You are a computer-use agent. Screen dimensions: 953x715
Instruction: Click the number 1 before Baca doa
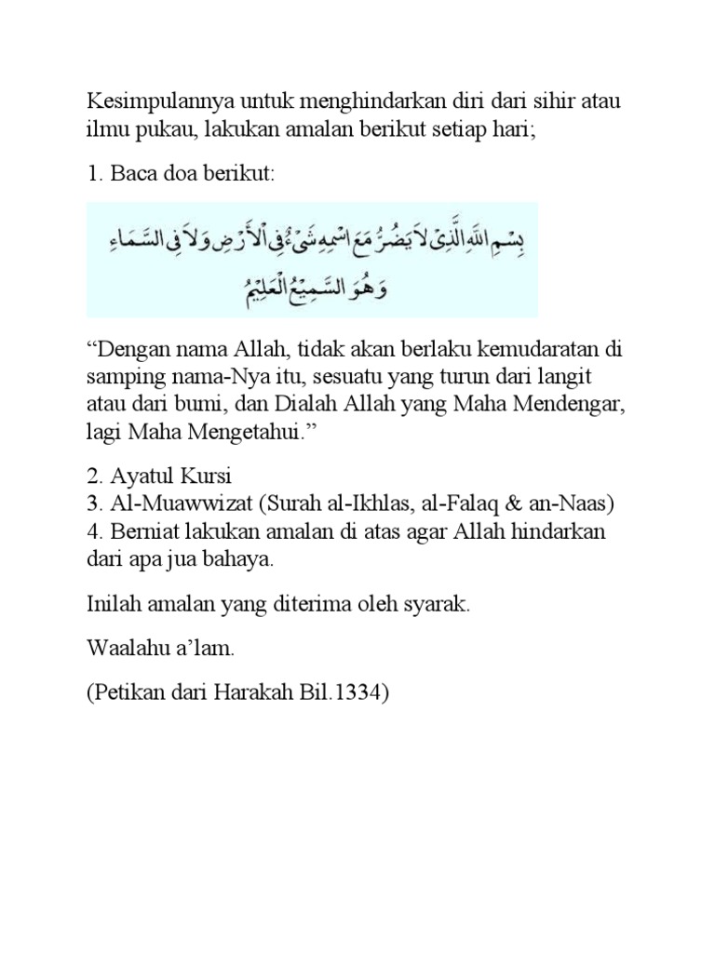pyautogui.click(x=92, y=176)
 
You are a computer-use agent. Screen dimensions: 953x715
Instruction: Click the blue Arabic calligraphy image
pyautogui.click(x=312, y=259)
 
